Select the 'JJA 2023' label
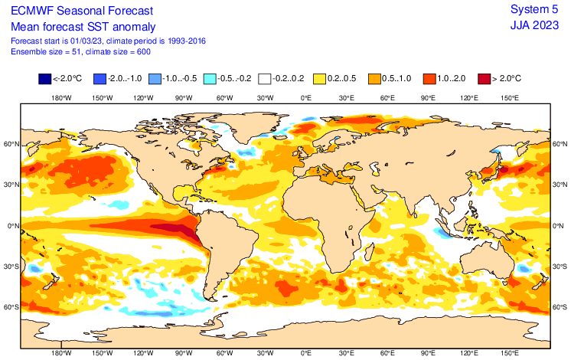pyautogui.click(x=535, y=25)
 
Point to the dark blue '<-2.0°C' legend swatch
pyautogui.click(x=44, y=78)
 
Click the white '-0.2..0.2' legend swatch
pyautogui.click(x=265, y=78)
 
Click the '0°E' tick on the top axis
pyautogui.click(x=305, y=97)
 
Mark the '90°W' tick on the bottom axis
pyautogui.click(x=183, y=354)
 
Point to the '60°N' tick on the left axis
pyautogui.click(x=11, y=143)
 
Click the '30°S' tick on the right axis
pyautogui.click(x=560, y=267)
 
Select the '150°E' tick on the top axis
pyautogui.click(x=510, y=97)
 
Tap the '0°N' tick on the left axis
pyautogui.click(x=11, y=225)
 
